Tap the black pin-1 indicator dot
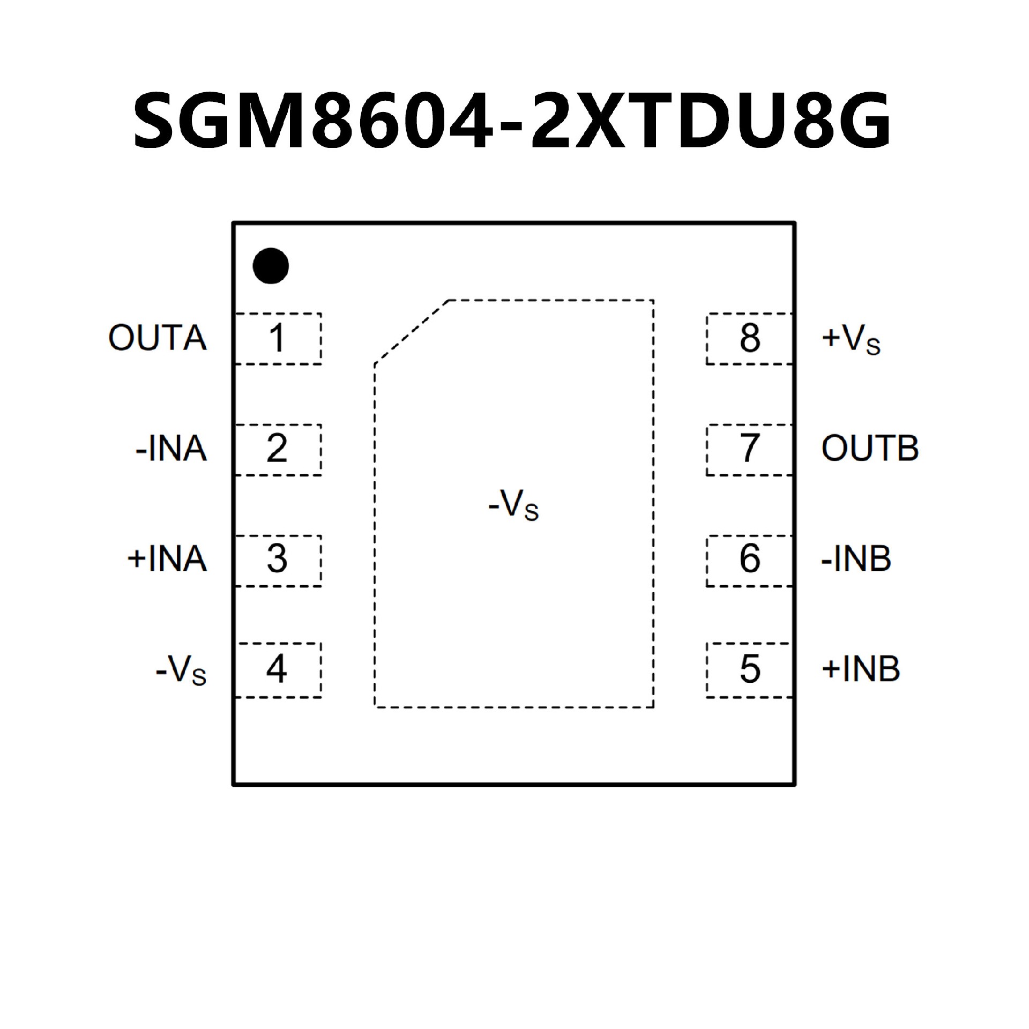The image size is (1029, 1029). pos(271,266)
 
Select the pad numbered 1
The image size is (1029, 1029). pos(278,339)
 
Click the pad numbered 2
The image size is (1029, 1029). pos(278,449)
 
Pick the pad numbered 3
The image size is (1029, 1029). pos(278,560)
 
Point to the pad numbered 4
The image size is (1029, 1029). pos(278,669)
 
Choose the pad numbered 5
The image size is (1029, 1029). pos(749,669)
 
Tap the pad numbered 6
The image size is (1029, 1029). pos(749,560)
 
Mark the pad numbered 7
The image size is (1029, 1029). pos(749,449)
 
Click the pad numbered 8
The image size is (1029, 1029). pos(749,339)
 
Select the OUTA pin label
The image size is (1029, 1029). pos(158,338)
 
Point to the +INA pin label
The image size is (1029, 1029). pos(167,560)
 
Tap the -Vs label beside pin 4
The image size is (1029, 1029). pos(181,670)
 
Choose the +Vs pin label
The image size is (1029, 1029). pos(851,339)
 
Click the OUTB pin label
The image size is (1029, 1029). pos(870,449)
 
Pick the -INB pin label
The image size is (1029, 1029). pos(856,559)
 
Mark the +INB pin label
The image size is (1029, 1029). pos(861,669)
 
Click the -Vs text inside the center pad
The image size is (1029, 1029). pos(513,505)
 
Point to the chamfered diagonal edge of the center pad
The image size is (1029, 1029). pos(412,332)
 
